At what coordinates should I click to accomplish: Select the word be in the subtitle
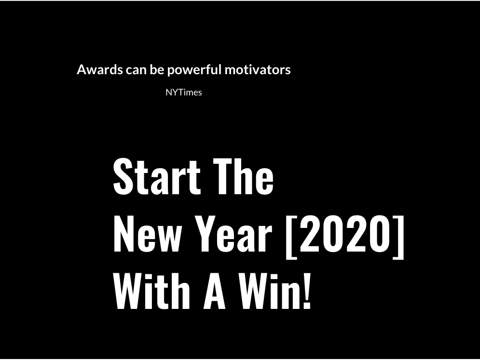pyautogui.click(x=157, y=69)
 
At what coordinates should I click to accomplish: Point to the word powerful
pyautogui.click(x=194, y=70)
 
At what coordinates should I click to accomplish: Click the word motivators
pyautogui.click(x=258, y=70)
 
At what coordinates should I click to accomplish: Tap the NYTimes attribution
pyautogui.click(x=184, y=93)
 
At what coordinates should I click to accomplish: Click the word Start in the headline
pyautogui.click(x=157, y=177)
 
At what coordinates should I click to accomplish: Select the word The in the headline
pyautogui.click(x=243, y=177)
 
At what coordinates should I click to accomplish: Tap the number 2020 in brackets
pyautogui.click(x=342, y=233)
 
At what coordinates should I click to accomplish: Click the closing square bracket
pyautogui.click(x=398, y=237)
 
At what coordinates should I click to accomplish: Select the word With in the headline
pyautogui.click(x=151, y=291)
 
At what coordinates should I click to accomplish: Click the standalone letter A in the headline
pyautogui.click(x=215, y=291)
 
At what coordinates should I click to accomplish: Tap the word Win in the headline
pyautogui.click(x=270, y=291)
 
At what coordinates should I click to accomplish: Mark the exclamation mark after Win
pyautogui.click(x=307, y=291)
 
